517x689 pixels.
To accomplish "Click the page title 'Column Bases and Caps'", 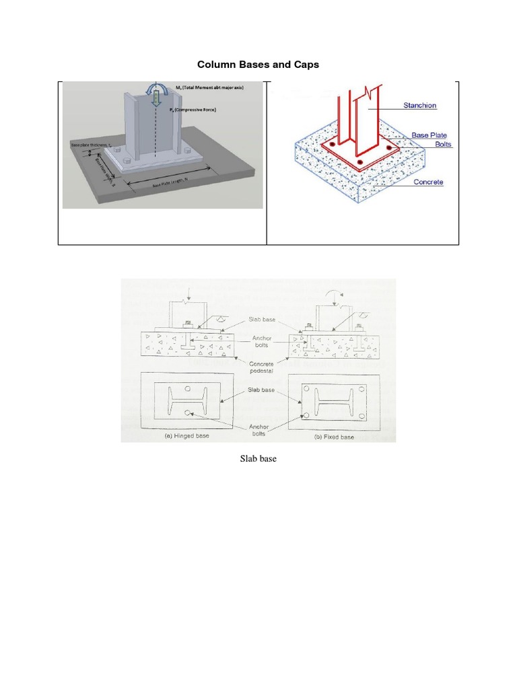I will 257,65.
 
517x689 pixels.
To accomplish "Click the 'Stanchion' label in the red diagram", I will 419,106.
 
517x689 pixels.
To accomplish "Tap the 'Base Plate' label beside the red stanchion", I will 429,135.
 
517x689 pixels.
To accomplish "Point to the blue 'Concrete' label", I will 428,182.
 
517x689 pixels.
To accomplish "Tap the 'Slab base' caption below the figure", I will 258,460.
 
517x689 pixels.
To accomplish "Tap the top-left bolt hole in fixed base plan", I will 306,389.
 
